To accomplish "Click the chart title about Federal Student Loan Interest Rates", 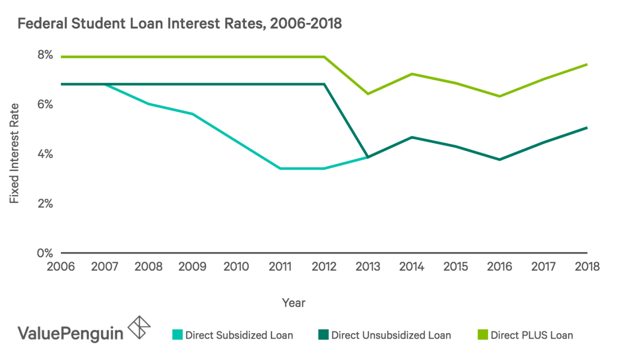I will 180,24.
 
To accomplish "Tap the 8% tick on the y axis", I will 45,55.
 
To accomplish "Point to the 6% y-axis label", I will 45,105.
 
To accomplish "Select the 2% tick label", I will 45,204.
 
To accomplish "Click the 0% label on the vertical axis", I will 45,253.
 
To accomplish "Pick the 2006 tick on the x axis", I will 61,267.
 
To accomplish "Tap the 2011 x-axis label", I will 280,267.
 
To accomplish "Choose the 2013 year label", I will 368,267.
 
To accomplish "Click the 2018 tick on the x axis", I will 587,267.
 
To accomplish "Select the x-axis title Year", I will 294,303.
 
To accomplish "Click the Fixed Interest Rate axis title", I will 15,153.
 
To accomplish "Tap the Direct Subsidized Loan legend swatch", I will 178,335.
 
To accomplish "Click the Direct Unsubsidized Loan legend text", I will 391,335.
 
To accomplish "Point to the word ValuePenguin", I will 70,334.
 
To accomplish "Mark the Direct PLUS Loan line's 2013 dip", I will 368,94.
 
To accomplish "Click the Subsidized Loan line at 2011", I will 280,169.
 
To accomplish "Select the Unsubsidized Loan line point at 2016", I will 500,159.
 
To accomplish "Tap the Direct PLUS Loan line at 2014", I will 412,74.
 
